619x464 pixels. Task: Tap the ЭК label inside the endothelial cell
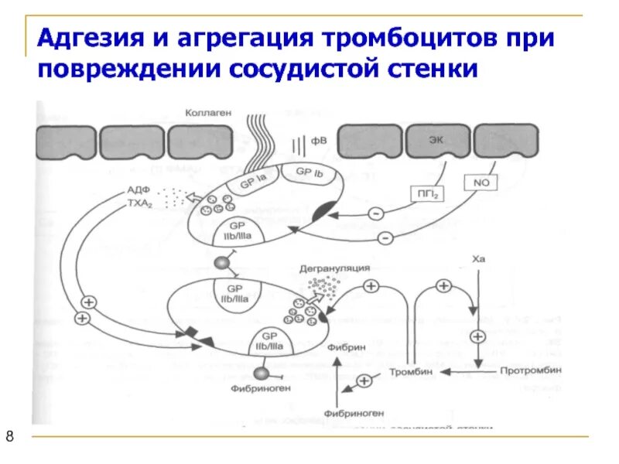click(437, 140)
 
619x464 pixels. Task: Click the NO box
click(477, 183)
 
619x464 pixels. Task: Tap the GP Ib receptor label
click(309, 174)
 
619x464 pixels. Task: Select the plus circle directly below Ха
click(477, 336)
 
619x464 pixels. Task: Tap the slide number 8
click(11, 438)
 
